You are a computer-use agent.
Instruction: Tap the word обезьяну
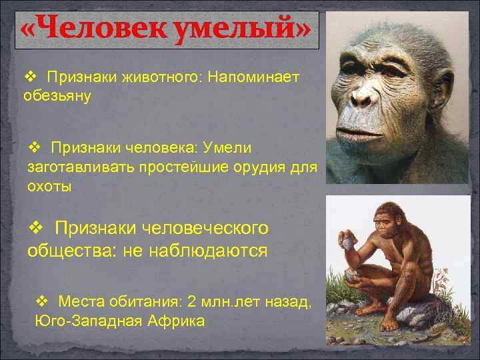[x=57, y=95]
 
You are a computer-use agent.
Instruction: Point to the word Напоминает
[x=253, y=78]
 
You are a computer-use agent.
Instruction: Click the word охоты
[x=49, y=187]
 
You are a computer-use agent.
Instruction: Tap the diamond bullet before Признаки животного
[x=30, y=78]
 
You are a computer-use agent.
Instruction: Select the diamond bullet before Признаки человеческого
[x=38, y=229]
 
